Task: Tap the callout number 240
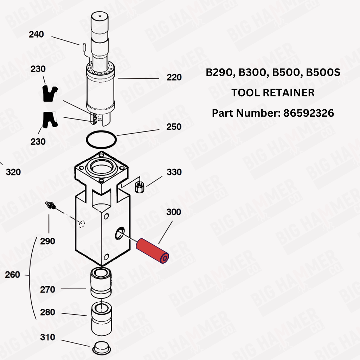(x=37, y=34)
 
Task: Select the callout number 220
(x=174, y=77)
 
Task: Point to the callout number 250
(x=174, y=127)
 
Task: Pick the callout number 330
(x=174, y=172)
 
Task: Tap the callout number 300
(x=174, y=212)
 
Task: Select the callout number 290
(x=47, y=242)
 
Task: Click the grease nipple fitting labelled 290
(x=51, y=206)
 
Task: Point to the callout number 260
(x=12, y=275)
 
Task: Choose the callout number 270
(x=47, y=290)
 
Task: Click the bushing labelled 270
(x=101, y=282)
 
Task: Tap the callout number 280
(x=47, y=313)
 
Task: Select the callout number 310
(x=47, y=337)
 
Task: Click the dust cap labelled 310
(x=101, y=348)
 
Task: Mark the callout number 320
(x=13, y=173)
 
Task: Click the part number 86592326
(x=309, y=113)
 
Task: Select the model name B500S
(x=323, y=72)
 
